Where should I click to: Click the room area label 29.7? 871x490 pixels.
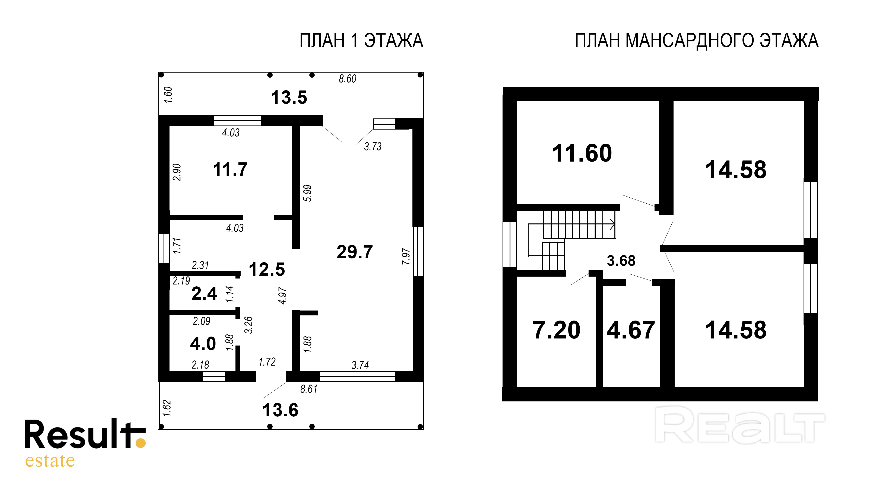click(354, 252)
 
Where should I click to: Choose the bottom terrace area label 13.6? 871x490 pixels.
click(280, 410)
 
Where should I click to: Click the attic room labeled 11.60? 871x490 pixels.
click(582, 153)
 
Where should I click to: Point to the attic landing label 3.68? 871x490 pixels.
click(621, 261)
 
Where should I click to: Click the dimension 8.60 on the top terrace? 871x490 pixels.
click(348, 79)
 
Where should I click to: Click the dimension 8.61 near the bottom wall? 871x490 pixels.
click(309, 389)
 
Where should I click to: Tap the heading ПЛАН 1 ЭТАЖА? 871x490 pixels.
click(361, 41)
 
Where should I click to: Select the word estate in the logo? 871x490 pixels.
click(50, 460)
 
